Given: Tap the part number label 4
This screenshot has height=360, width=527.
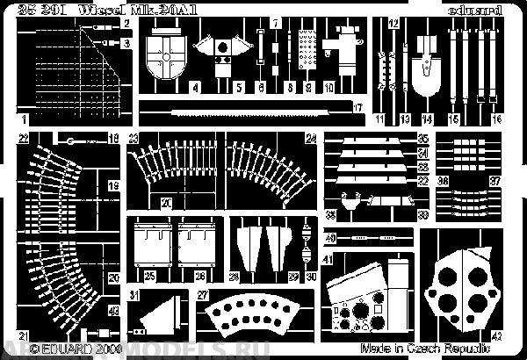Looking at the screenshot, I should [194, 89].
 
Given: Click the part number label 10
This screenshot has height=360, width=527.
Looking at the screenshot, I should [328, 89].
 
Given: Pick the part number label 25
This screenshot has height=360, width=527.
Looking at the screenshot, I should [150, 277].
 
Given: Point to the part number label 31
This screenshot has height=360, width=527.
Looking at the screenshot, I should [134, 294].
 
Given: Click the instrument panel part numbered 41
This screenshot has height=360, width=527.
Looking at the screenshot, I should [360, 294].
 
